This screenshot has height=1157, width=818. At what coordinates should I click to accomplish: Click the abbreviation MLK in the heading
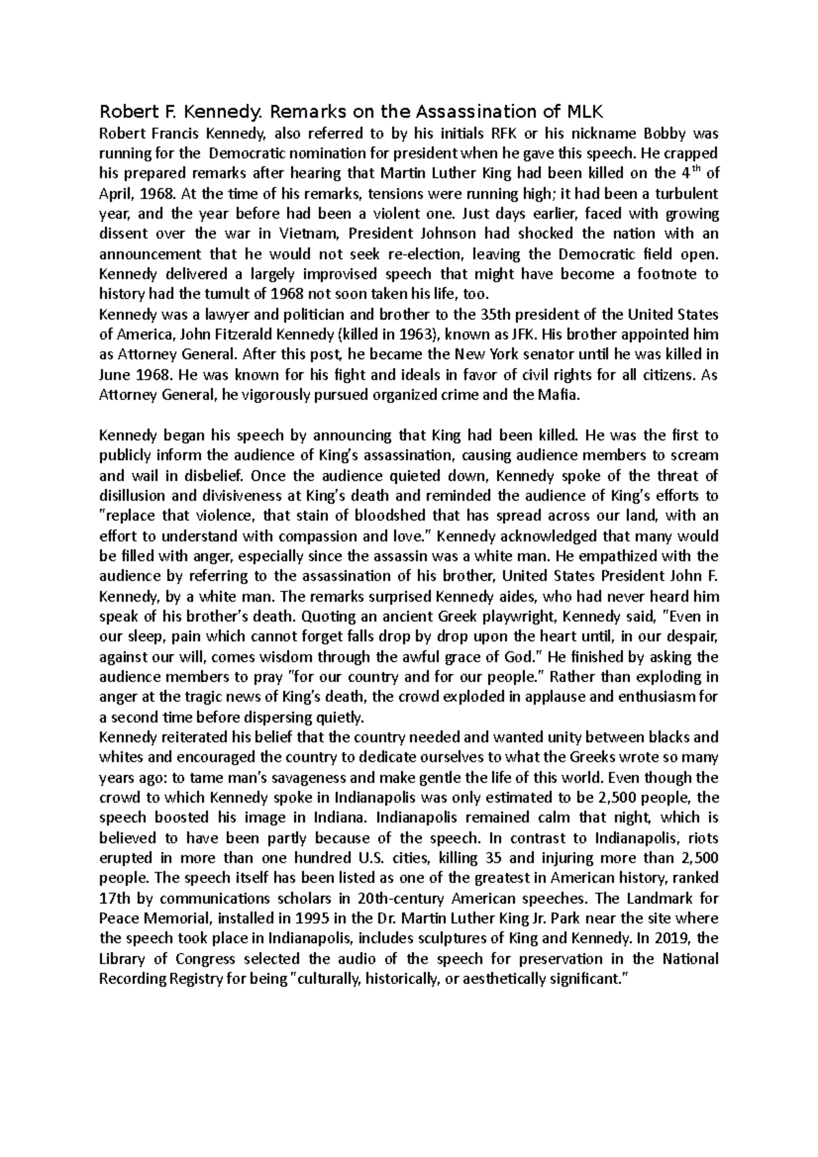coord(586,112)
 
